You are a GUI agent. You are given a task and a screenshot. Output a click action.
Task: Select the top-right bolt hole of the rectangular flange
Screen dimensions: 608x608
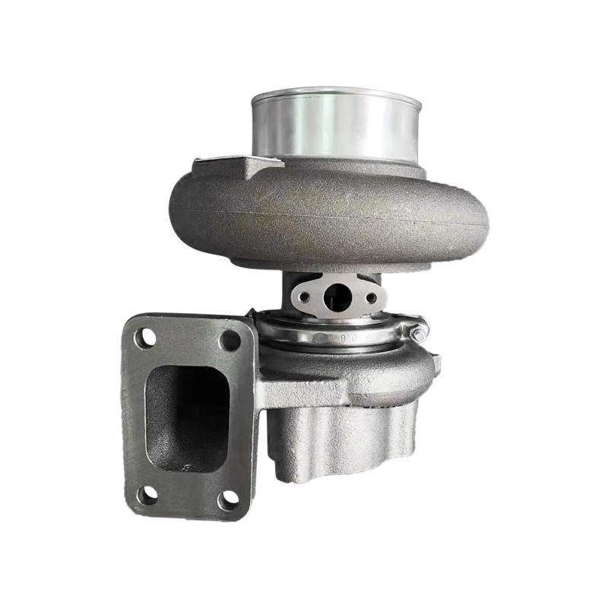tap(230, 340)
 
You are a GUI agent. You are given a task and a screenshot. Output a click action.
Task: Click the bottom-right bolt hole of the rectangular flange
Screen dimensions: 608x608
tap(228, 499)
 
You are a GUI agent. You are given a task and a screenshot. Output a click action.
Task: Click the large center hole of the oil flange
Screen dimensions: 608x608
tap(337, 298)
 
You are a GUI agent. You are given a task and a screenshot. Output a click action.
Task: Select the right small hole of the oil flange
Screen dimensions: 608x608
tap(371, 298)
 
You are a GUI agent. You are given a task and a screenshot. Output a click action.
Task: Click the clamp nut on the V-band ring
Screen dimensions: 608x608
tap(416, 331)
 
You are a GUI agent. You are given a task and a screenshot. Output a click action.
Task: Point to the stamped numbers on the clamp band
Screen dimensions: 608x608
tap(334, 336)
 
